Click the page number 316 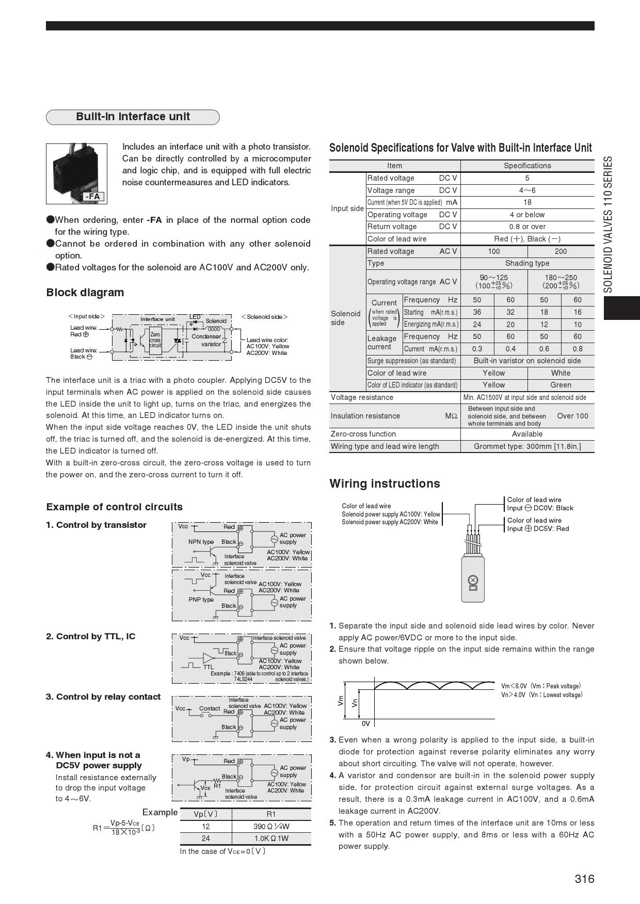coord(584,879)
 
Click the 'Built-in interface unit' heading coord(133,117)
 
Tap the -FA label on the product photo coord(93,196)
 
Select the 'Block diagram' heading coord(85,293)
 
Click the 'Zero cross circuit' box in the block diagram coord(155,340)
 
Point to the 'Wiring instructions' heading coord(385,483)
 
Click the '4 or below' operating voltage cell coord(527,215)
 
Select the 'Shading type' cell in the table coord(527,263)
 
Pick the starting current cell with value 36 coord(477,312)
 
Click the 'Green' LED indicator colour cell coord(561,385)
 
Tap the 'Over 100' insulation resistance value coord(572,416)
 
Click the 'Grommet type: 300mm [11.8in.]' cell coord(527,446)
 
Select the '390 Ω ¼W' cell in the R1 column coord(271,826)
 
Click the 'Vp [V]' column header coord(205,814)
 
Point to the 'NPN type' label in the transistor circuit coord(201,542)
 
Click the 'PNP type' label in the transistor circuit coord(201,600)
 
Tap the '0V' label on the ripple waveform coord(365,723)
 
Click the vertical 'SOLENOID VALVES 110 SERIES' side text coord(609,224)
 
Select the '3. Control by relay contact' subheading coord(103,697)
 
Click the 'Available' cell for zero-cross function coord(527,434)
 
